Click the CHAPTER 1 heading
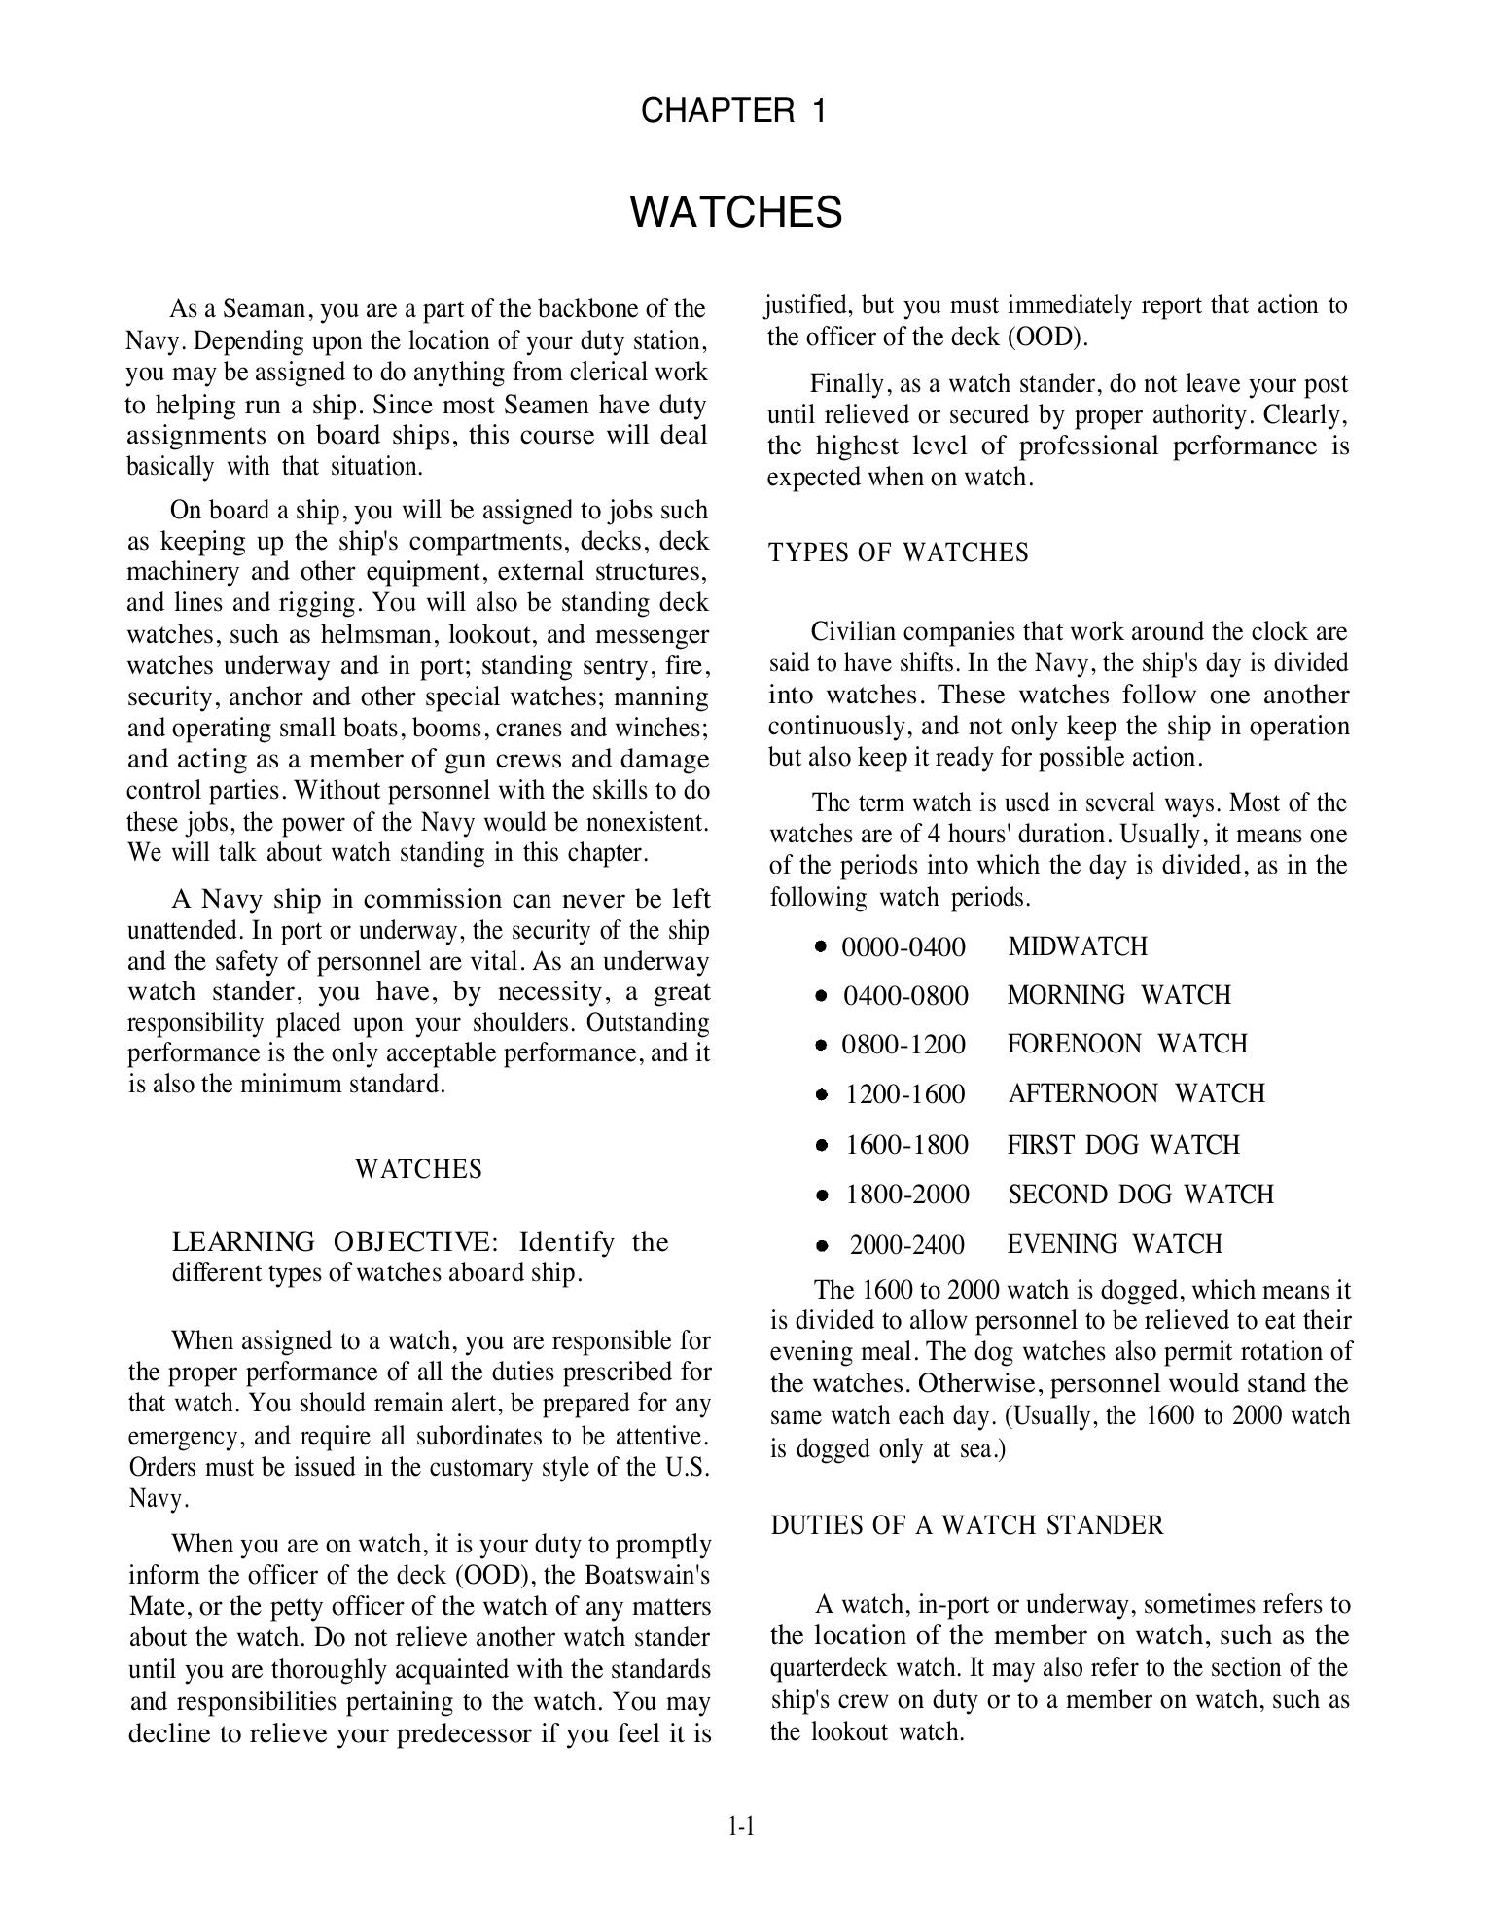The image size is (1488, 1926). point(734,111)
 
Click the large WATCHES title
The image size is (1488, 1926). point(736,212)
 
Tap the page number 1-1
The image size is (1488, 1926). point(741,1826)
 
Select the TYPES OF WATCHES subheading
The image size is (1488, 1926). point(898,553)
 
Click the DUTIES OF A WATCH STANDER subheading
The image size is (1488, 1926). point(967,1524)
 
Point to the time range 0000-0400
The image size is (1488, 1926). point(903,946)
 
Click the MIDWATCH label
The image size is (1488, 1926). point(1078,946)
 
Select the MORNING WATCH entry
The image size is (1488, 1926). point(1118,995)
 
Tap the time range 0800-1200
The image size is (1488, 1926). point(903,1044)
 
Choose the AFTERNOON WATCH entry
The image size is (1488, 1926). point(1136,1093)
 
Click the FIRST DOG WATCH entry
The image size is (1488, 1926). point(1123,1144)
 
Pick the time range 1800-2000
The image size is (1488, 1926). point(907,1194)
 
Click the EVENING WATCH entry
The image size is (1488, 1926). point(1115,1244)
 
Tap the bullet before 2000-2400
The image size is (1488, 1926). point(823,1244)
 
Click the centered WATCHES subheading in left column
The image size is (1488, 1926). point(418,1168)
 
